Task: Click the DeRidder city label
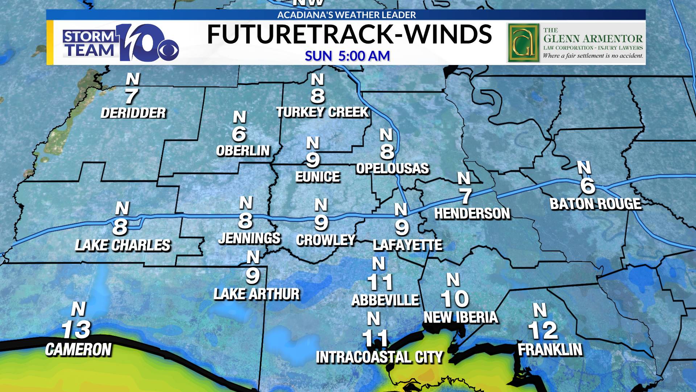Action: pyautogui.click(x=133, y=113)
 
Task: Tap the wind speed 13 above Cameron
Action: pyautogui.click(x=76, y=330)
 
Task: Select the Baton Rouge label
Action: pyautogui.click(x=596, y=204)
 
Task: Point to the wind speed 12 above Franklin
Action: pyautogui.click(x=543, y=330)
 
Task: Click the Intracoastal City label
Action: pyautogui.click(x=380, y=357)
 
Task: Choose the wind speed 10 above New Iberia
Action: pyautogui.click(x=455, y=299)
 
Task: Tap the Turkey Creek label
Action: pyautogui.click(x=322, y=112)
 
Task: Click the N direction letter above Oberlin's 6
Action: pyautogui.click(x=239, y=117)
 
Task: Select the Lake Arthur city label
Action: pyautogui.click(x=257, y=294)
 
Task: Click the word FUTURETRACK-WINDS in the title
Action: pyautogui.click(x=349, y=35)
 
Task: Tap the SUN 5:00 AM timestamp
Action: pyautogui.click(x=347, y=56)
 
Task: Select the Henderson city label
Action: pyautogui.click(x=472, y=213)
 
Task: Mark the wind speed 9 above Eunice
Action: pyautogui.click(x=313, y=160)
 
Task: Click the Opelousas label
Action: pyautogui.click(x=392, y=168)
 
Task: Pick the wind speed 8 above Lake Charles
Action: pyautogui.click(x=120, y=227)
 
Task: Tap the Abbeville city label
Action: pyautogui.click(x=385, y=300)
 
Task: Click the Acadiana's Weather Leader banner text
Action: pyautogui.click(x=347, y=15)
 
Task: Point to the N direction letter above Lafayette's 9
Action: pyautogui.click(x=401, y=209)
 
